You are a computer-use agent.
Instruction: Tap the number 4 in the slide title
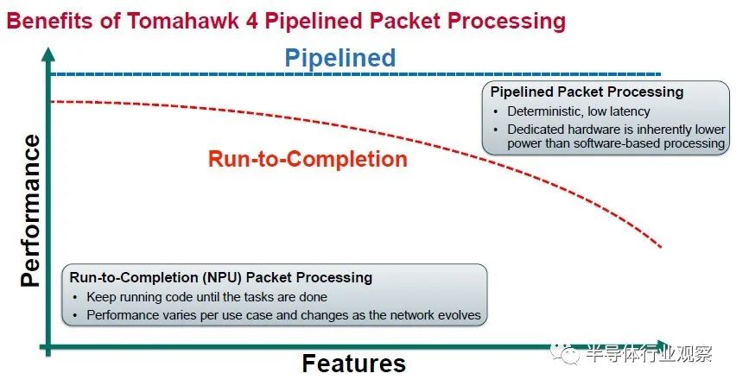tap(252, 21)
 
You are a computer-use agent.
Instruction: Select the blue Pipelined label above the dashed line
tap(340, 58)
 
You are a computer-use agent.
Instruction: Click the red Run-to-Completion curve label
tap(308, 159)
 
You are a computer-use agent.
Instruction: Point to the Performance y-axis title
tap(30, 211)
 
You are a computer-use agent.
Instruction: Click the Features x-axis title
tap(354, 364)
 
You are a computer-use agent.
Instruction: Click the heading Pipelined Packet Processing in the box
tap(587, 92)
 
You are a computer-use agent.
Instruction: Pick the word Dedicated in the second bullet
tap(536, 129)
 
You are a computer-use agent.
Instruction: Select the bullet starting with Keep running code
tap(206, 297)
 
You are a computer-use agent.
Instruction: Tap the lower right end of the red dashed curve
tap(661, 247)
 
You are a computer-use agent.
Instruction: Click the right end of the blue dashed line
tap(661, 74)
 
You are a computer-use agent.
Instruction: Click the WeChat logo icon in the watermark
tap(566, 354)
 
